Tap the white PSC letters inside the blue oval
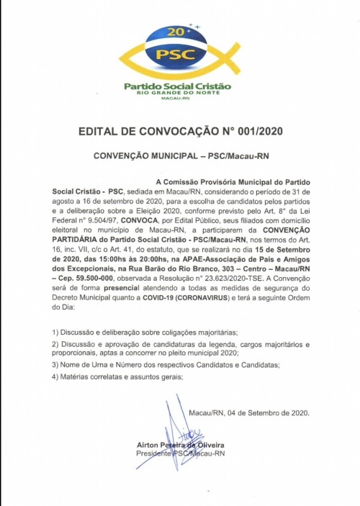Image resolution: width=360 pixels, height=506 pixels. point(178,53)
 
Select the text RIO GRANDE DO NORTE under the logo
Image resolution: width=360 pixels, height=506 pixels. point(178,94)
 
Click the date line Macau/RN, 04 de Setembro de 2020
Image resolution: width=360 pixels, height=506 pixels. point(248,412)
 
